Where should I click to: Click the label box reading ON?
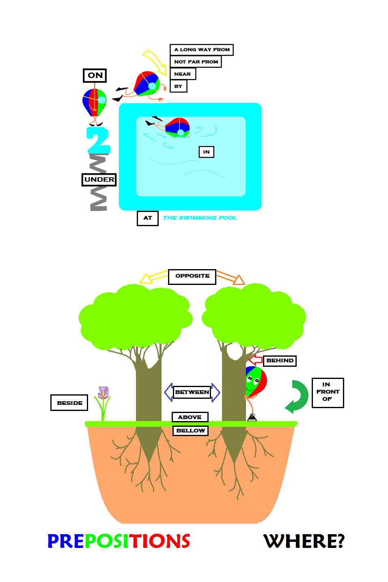95,75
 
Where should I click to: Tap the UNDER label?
99,180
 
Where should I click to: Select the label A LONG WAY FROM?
202,49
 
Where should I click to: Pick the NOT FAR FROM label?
196,62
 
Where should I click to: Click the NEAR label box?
183,74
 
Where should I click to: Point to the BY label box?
178,86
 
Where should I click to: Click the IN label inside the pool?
206,152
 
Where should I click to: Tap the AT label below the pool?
148,218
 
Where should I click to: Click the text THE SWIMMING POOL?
200,218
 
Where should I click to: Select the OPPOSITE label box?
192,276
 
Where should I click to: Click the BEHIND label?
280,361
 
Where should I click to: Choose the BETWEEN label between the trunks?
192,392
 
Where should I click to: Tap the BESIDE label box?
69,403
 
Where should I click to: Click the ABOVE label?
190,417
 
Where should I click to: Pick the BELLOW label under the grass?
190,430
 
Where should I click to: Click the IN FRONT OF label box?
328,392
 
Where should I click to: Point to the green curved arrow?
298,396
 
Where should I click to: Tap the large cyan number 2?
98,140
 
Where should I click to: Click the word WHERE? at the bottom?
304,541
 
